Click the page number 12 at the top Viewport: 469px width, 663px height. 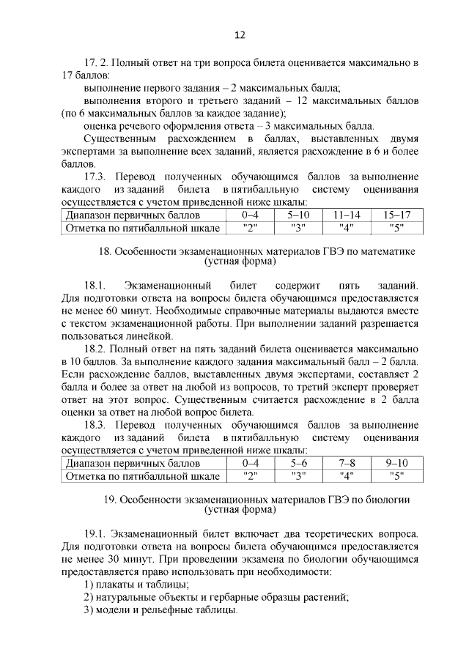[240, 34]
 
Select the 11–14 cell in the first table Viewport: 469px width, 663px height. [347, 215]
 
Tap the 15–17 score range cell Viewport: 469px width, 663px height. [396, 215]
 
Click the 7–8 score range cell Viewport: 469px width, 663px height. [347, 463]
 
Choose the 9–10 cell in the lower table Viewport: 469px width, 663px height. [396, 463]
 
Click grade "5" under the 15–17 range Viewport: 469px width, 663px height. [396, 228]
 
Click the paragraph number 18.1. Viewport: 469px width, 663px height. [97, 284]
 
